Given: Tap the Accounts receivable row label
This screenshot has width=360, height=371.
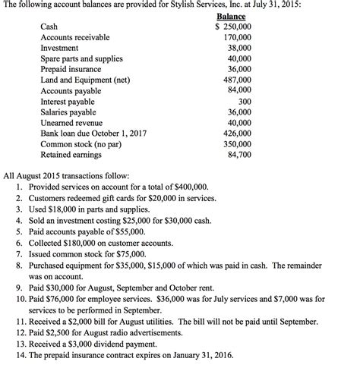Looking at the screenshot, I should [74, 37].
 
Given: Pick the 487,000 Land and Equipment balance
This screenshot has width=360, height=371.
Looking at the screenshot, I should [236, 80].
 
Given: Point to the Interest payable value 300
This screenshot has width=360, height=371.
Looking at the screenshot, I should [244, 101].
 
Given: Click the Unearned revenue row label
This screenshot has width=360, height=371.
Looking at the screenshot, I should [71, 122].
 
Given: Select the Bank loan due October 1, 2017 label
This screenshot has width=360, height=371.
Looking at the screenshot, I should [93, 133].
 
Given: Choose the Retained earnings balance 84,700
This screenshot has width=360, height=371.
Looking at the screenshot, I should [238, 154].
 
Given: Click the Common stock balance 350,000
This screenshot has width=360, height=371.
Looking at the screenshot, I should [236, 143].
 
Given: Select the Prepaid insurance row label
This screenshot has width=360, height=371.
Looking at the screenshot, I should [71, 69].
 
